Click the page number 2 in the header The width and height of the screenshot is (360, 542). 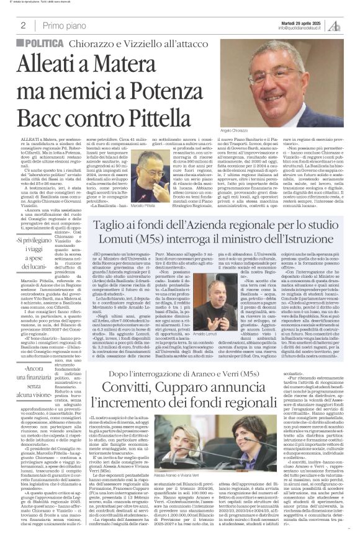tap(22, 25)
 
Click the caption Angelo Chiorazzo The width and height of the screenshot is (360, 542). tap(267, 131)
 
